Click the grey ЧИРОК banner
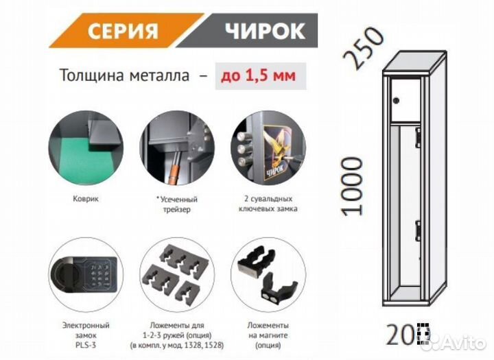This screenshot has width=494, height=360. pos(262,32)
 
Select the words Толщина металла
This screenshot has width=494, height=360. pos(124,75)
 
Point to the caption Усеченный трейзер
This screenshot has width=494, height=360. pos(173,203)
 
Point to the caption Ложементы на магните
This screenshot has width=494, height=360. pos(263,335)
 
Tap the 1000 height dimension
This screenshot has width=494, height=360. pos(351,186)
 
